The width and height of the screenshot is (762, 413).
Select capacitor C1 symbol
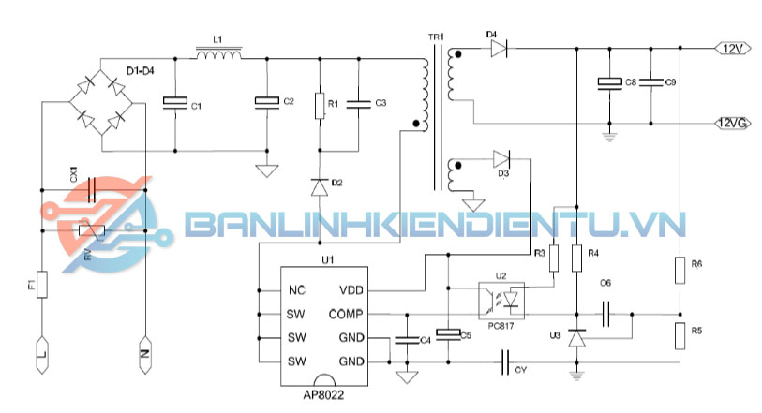click(x=173, y=102)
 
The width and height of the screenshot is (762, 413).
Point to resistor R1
click(x=320, y=104)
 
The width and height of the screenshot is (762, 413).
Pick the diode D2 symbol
click(x=320, y=186)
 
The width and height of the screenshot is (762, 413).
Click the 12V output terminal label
click(x=730, y=47)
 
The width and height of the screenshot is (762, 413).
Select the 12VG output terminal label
click(x=732, y=123)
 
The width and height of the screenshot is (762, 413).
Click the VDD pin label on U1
click(x=352, y=290)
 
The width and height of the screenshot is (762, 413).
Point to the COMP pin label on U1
click(x=348, y=314)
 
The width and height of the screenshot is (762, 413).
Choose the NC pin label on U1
click(x=296, y=290)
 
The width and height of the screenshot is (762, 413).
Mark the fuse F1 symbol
click(x=42, y=283)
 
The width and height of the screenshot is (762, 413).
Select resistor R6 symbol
click(x=679, y=270)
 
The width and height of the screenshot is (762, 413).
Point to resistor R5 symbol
click(x=679, y=334)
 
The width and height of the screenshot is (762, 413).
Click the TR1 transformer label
click(x=435, y=37)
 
